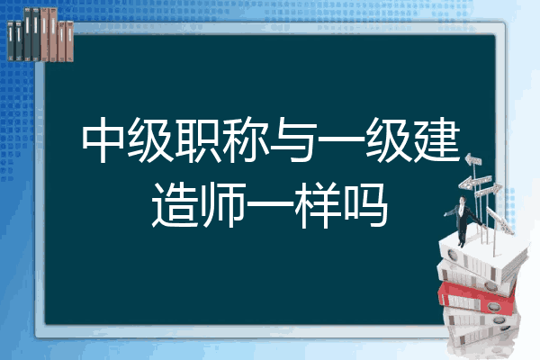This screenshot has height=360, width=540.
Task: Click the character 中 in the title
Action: [x=103, y=139]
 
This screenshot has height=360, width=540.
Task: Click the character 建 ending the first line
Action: [x=437, y=139]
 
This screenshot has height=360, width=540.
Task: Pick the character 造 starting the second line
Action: [x=175, y=205]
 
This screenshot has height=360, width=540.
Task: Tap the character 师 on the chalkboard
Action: [x=222, y=205]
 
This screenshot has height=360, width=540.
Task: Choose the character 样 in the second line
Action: [x=318, y=205]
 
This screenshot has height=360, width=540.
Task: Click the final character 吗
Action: [x=366, y=205]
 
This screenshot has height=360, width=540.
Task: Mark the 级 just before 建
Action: [x=389, y=139]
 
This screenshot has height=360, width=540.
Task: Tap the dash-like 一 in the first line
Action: [x=341, y=139]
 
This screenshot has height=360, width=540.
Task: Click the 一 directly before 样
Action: [x=270, y=204]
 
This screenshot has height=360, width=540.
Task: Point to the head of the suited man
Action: [x=463, y=200]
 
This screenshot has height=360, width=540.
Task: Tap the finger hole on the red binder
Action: [x=493, y=306]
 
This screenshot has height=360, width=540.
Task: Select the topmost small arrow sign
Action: [x=473, y=159]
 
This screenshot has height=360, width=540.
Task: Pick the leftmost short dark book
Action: [x=11, y=41]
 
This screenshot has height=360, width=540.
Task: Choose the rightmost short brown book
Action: [x=69, y=41]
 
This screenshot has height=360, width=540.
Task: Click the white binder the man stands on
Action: [x=482, y=256]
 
